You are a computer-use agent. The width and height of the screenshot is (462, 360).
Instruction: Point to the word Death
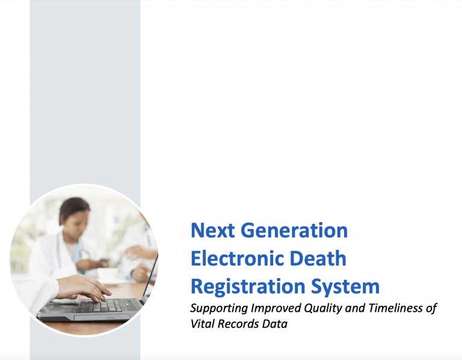[323, 258]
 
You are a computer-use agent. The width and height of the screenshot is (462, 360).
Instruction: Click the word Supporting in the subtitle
[216, 309]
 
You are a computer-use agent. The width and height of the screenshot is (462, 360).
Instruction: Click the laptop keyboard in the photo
[99, 305]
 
